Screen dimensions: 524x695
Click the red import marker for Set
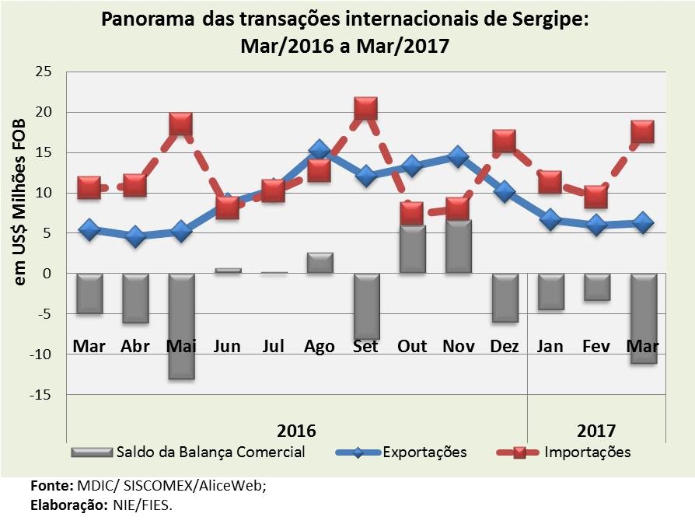365,109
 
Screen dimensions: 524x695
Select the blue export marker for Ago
320,150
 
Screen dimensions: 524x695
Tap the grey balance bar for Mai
181,326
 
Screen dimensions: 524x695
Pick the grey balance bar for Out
411,250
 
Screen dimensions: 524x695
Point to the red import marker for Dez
504,141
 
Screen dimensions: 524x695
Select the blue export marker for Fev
596,225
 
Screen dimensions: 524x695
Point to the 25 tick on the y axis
43,72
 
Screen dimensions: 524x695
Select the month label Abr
135,346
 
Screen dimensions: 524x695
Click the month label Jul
274,346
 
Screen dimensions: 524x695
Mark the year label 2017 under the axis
596,430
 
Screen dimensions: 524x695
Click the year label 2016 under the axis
296,430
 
